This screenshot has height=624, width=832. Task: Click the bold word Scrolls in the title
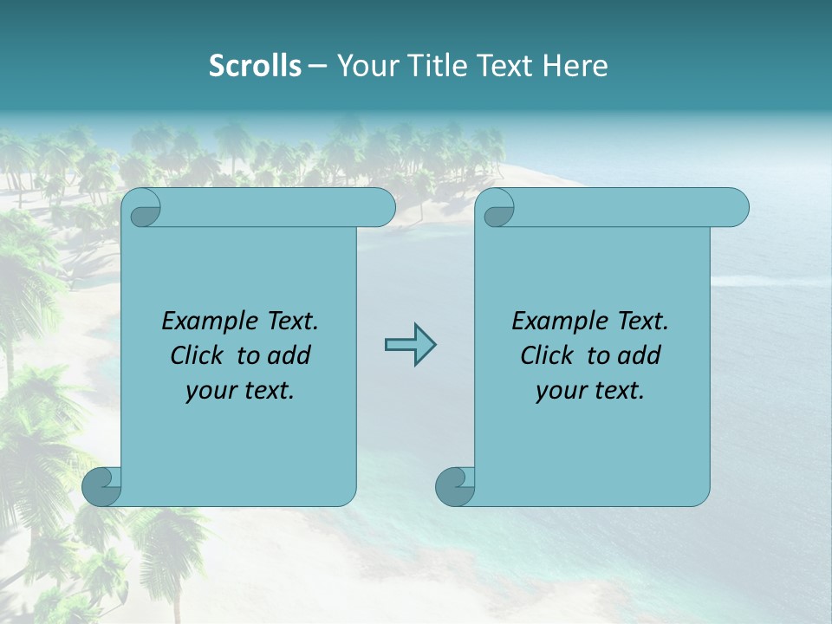[x=255, y=66]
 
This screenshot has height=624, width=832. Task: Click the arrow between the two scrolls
[x=410, y=345]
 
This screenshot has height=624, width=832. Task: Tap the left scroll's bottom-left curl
[x=102, y=486]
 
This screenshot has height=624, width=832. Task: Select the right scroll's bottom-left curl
[x=456, y=486]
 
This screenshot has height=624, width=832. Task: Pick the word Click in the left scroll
[x=198, y=355]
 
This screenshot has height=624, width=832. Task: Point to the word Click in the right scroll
[x=548, y=355]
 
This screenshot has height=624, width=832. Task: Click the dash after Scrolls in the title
[x=317, y=66]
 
